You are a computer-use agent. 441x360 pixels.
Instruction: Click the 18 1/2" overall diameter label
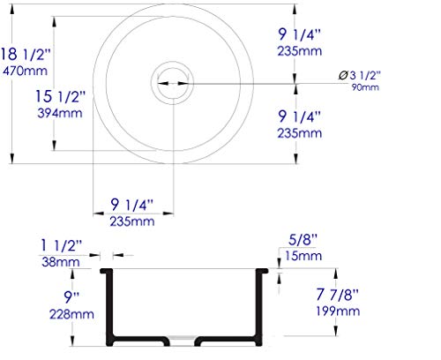tap(26, 55)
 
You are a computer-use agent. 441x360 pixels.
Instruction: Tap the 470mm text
tap(25, 71)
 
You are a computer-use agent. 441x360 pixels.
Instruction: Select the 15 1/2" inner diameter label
tap(60, 96)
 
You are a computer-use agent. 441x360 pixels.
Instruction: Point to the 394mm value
tap(60, 113)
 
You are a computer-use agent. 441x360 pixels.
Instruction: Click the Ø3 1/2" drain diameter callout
tap(359, 75)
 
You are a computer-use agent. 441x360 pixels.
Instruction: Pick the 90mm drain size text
tap(365, 87)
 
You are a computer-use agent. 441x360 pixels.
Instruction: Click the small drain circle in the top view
tap(172, 83)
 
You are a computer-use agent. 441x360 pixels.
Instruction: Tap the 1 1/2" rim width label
tap(61, 245)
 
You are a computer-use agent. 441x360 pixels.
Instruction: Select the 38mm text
tap(61, 262)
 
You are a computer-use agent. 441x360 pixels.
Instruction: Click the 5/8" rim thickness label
tap(303, 240)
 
